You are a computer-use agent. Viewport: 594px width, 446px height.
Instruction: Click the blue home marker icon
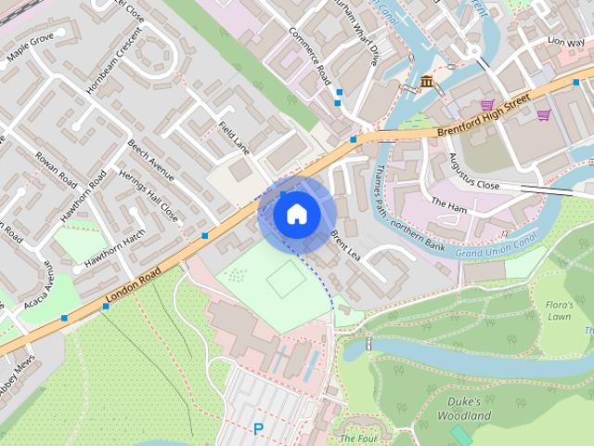(x=297, y=215)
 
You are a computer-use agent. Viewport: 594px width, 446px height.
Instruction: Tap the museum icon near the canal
(x=426, y=83)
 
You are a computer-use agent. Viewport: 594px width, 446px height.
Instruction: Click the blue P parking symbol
(x=258, y=428)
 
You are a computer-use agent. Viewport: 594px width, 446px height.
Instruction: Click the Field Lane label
(x=235, y=137)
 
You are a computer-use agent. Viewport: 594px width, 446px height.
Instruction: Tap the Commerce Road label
(x=309, y=57)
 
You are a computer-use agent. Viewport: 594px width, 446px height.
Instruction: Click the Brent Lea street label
(x=344, y=241)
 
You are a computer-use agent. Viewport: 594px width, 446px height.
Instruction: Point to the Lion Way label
(x=565, y=42)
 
